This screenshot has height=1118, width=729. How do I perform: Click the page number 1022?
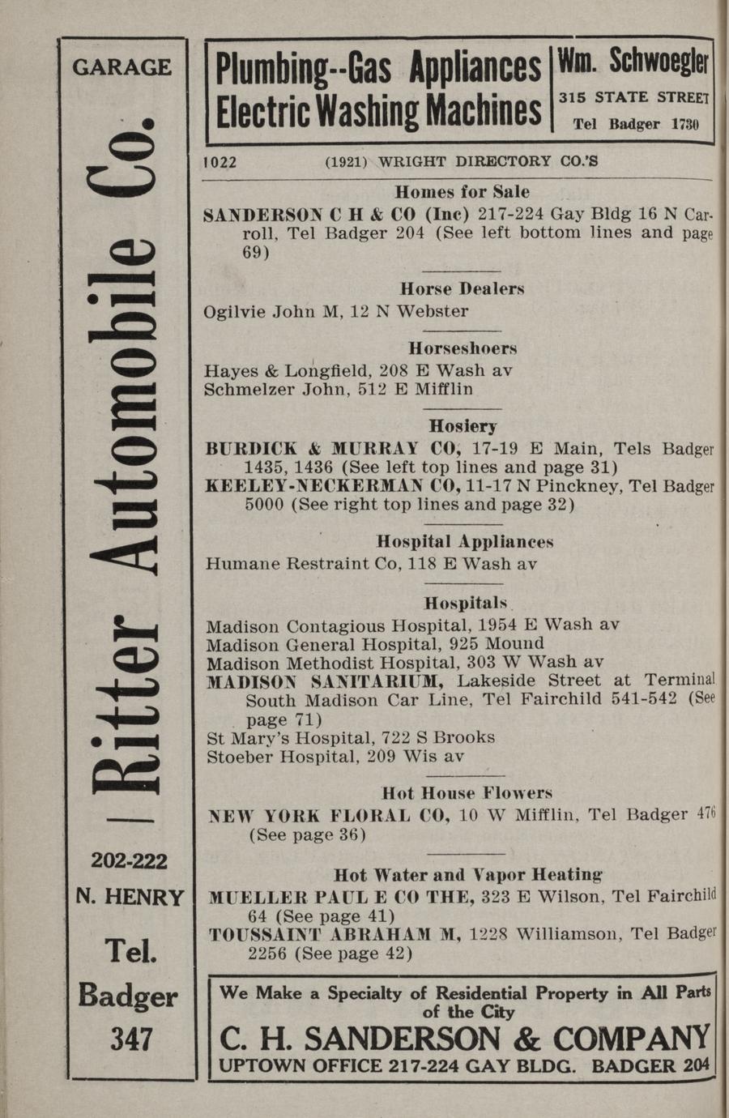pyautogui.click(x=220, y=162)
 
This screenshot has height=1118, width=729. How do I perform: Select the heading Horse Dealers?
pyautogui.click(x=462, y=289)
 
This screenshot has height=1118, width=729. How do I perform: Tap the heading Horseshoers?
pyautogui.click(x=463, y=349)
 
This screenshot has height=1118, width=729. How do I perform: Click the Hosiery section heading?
pyautogui.click(x=463, y=426)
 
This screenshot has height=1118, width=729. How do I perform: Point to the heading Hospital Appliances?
pyautogui.click(x=466, y=542)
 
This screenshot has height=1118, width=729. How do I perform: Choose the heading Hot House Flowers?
pyautogui.click(x=467, y=793)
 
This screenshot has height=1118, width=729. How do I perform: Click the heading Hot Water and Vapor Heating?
pyautogui.click(x=468, y=875)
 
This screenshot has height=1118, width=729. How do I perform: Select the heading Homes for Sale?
pyautogui.click(x=462, y=193)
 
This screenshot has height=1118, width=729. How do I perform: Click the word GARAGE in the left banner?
pyautogui.click(x=122, y=67)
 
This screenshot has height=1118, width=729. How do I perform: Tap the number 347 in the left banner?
pyautogui.click(x=131, y=1039)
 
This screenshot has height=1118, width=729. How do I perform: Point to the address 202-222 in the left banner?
pyautogui.click(x=130, y=860)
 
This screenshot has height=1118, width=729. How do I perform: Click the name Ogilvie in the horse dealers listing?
pyautogui.click(x=232, y=312)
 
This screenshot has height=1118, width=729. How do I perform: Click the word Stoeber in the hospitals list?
pyautogui.click(x=237, y=757)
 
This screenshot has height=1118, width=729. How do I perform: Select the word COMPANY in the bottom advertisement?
pyautogui.click(x=631, y=1039)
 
